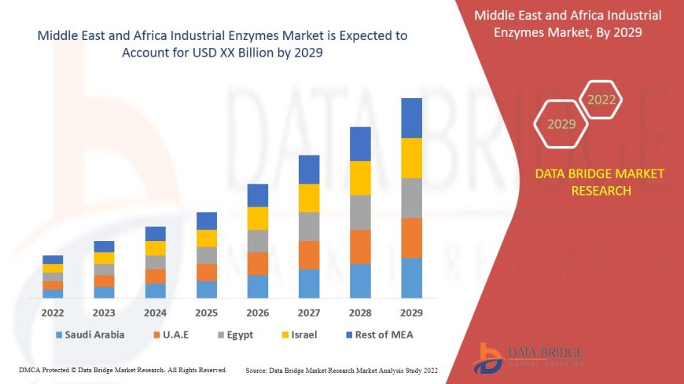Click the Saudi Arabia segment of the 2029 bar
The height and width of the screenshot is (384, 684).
411,278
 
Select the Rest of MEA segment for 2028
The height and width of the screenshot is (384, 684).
360,144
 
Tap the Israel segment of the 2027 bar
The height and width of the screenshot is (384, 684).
309,198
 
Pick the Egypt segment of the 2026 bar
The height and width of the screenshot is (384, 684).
258,241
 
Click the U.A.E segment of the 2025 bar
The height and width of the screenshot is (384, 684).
207,272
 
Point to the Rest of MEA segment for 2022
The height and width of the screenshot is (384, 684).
53,259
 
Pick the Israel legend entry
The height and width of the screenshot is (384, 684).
303,335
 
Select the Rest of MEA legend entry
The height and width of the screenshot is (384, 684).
383,335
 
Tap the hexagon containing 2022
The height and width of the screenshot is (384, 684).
601,100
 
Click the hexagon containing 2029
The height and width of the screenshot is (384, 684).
561,124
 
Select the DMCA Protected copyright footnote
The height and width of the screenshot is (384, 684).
123,370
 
